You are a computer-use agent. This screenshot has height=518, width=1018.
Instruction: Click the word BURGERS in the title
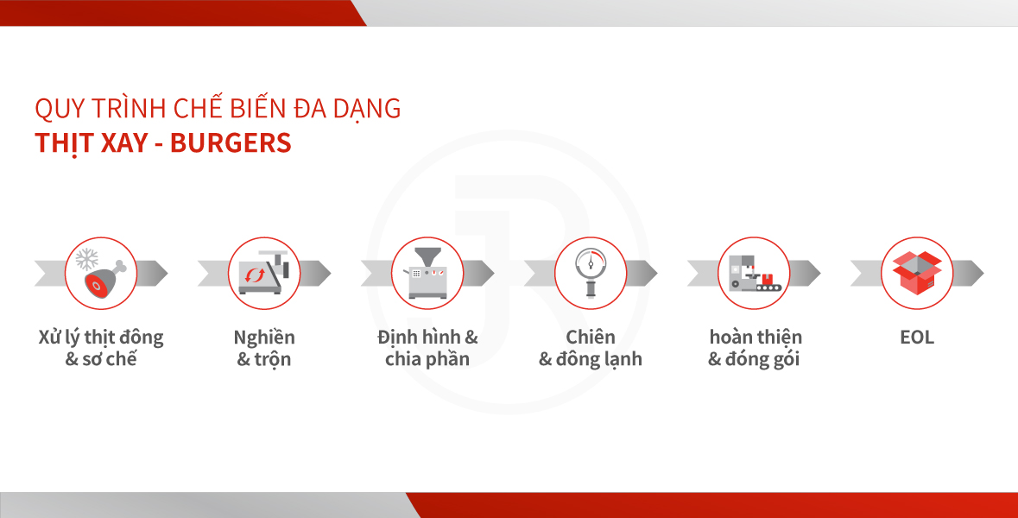coord(231,142)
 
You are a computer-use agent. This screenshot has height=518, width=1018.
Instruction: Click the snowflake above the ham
coord(86,259)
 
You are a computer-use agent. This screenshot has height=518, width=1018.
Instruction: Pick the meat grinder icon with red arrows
coord(263,273)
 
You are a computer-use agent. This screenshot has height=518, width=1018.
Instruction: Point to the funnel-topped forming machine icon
coord(427,273)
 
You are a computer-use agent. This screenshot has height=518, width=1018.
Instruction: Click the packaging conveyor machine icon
coord(755,274)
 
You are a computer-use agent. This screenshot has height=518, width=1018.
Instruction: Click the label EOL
coord(917,338)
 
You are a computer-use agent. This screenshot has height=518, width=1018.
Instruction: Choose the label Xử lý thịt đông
coord(101,338)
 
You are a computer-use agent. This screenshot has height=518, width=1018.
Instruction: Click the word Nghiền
coord(264,338)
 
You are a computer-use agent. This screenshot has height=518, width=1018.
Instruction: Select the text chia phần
coord(427,359)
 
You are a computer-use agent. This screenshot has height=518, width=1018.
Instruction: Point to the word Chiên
coord(590,337)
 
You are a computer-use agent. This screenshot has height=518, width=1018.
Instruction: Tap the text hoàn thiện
coord(755,338)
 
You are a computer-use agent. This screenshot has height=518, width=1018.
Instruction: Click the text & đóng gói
coord(753,359)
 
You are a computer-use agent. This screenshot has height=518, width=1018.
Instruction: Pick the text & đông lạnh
coord(590,359)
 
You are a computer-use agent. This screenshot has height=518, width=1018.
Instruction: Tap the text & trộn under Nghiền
coord(263,360)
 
